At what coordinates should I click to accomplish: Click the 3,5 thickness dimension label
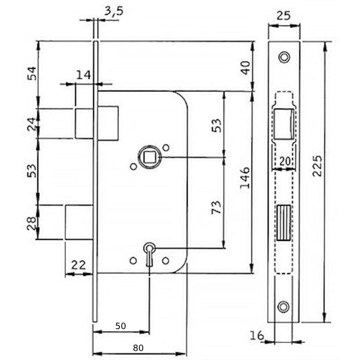[114, 11]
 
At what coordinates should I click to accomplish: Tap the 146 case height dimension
[245, 178]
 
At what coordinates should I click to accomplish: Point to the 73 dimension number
[216, 207]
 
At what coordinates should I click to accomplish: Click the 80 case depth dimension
[138, 348]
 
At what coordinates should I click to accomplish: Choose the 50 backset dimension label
[121, 326]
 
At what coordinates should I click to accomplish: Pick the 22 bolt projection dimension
[78, 265]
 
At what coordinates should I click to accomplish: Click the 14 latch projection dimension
[84, 75]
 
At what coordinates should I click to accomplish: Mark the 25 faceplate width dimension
[284, 15]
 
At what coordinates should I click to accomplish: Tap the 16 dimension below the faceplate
[257, 336]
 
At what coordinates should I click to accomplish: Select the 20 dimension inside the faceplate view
[285, 161]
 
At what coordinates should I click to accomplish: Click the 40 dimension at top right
[246, 68]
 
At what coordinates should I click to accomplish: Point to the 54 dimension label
[32, 73]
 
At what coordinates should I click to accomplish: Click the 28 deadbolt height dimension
[31, 223]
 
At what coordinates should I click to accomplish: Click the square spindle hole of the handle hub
[150, 157]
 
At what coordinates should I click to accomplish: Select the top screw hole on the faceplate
[284, 57]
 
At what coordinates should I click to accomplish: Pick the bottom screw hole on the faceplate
[284, 307]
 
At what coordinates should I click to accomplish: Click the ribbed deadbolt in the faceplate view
[284, 222]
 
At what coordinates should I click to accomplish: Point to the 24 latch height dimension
[32, 124]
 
